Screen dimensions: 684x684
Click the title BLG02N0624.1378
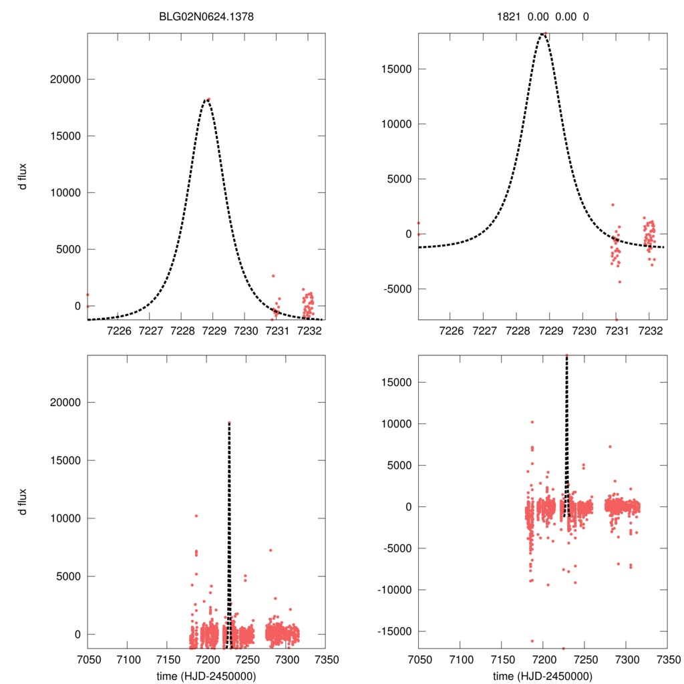[x=206, y=17]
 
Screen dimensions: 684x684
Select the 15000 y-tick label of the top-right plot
[x=393, y=69]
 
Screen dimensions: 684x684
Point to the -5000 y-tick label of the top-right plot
[x=393, y=289]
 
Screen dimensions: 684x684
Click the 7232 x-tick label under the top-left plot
[x=309, y=331]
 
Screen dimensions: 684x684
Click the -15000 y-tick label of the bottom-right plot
[x=391, y=631]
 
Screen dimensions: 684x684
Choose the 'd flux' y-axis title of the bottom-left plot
[x=24, y=502]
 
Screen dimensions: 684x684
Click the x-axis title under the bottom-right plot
[x=542, y=675]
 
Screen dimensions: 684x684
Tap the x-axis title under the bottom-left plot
[x=206, y=675]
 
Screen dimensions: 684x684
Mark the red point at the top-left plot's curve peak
[x=208, y=100]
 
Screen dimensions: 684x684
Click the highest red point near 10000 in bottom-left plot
[x=196, y=516]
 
